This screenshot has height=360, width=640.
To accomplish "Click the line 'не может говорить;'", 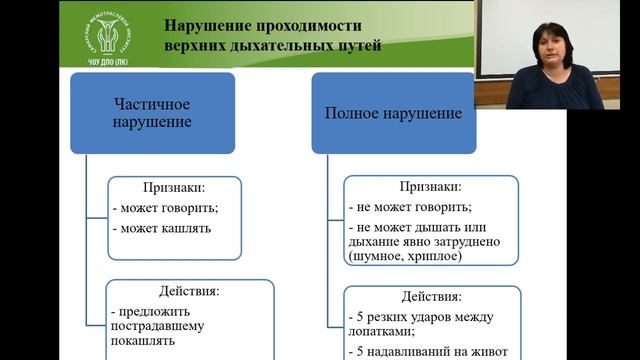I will [x=411, y=208].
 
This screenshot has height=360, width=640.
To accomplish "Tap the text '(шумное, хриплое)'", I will [x=404, y=257].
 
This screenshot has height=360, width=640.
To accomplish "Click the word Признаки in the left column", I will [x=174, y=187].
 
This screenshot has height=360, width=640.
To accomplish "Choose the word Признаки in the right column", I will [x=430, y=186].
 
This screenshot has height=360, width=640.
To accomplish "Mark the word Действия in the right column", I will [x=430, y=297].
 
